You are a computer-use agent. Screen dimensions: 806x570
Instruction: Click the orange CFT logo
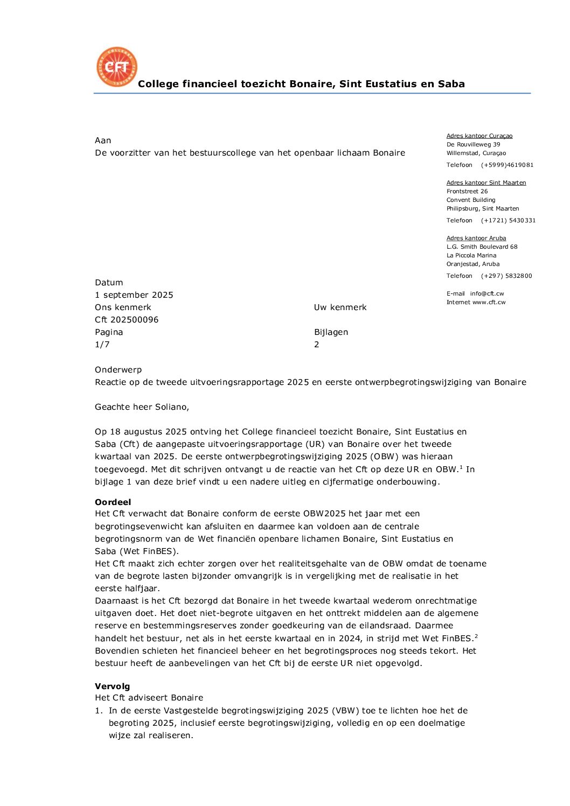click(x=116, y=67)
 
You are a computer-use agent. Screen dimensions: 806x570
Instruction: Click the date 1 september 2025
click(x=134, y=295)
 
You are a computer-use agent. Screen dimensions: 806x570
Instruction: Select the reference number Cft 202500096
click(x=127, y=320)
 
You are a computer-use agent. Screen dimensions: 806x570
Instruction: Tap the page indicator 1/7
click(x=102, y=345)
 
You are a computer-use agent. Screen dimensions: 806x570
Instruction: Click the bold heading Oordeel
click(x=113, y=502)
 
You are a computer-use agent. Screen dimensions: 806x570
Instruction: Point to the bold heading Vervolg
click(x=112, y=686)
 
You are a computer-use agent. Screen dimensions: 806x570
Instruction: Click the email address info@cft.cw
click(x=487, y=294)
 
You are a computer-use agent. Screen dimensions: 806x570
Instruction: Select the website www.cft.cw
click(x=489, y=303)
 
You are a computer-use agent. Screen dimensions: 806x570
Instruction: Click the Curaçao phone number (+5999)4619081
click(x=507, y=165)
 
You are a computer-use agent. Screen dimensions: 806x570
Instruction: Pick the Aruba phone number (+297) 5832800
click(x=506, y=276)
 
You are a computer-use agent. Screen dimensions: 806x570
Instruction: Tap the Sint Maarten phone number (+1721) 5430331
click(x=508, y=221)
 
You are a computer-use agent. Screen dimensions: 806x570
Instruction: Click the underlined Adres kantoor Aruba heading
click(x=476, y=238)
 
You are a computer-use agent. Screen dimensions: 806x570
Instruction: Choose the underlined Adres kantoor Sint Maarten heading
click(x=486, y=183)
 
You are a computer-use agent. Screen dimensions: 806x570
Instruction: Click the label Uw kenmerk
click(x=340, y=307)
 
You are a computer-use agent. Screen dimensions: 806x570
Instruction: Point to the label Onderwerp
click(x=118, y=370)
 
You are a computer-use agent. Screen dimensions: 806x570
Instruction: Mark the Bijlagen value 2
click(x=317, y=345)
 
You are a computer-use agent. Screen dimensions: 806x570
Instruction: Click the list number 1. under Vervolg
click(x=99, y=711)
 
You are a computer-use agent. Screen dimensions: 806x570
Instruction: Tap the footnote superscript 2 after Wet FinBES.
click(x=476, y=636)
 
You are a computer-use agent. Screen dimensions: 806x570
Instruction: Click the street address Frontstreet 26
click(x=467, y=192)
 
